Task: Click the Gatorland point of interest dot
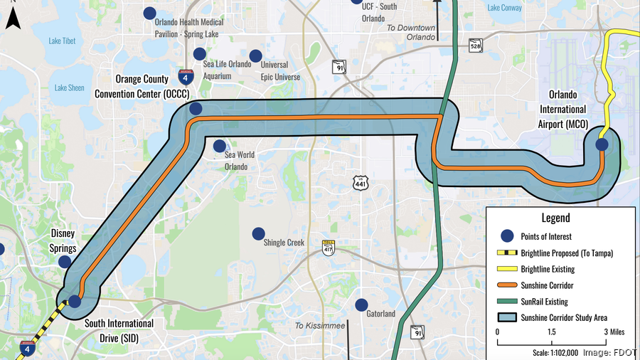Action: click(x=362, y=304)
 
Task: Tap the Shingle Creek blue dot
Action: click(x=259, y=233)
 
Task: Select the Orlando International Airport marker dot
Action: click(x=602, y=144)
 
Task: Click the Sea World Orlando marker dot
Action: click(x=220, y=145)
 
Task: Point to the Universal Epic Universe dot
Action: click(x=255, y=55)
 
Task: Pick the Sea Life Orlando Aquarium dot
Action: click(x=200, y=54)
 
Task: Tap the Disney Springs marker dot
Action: click(x=65, y=262)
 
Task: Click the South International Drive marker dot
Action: click(x=75, y=301)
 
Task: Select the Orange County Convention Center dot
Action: click(x=196, y=109)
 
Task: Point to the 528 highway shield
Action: click(x=476, y=46)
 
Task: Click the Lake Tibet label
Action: click(x=62, y=41)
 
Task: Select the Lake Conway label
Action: click(x=504, y=9)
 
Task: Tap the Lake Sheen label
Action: click(x=69, y=88)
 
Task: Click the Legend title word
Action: click(x=555, y=218)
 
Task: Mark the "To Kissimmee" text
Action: click(x=320, y=326)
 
